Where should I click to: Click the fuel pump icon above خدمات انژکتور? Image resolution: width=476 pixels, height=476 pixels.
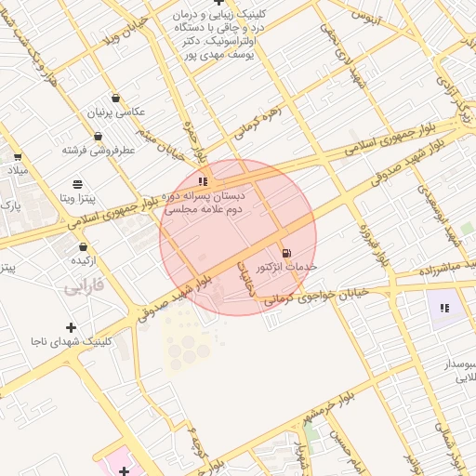[x=284, y=253]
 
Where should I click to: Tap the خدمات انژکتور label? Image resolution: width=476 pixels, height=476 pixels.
[x=286, y=267]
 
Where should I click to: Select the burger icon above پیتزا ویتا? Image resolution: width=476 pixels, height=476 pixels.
[x=77, y=184]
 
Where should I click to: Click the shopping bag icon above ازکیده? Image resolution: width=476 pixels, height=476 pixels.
[x=85, y=247]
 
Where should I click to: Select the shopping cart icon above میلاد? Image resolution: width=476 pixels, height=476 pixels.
[x=17, y=156]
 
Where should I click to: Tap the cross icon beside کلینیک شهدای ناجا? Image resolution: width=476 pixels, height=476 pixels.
[x=71, y=327]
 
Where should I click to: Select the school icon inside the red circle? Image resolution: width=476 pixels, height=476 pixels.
[x=203, y=181]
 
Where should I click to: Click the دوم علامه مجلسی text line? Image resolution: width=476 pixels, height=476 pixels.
[x=204, y=211]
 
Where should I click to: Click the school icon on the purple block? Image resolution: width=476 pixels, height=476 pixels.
[x=444, y=308]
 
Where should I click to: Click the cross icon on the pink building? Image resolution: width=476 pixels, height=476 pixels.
[x=125, y=470]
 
